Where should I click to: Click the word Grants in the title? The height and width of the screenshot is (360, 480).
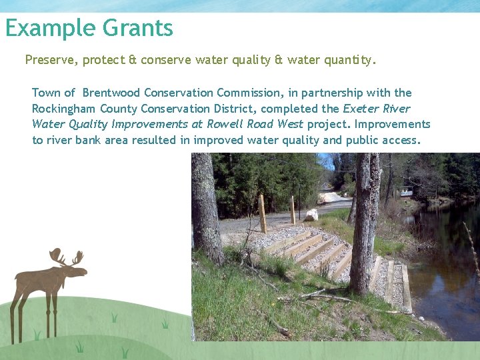tap(138, 28)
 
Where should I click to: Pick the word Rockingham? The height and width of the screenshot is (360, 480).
tap(65, 109)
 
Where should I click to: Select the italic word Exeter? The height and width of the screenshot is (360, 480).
tap(360, 109)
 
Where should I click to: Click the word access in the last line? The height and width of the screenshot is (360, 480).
tap(401, 140)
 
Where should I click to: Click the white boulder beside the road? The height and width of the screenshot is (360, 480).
tap(311, 215)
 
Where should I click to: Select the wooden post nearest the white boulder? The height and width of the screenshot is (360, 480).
tap(292, 210)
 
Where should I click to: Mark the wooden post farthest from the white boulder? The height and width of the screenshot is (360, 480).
tap(262, 213)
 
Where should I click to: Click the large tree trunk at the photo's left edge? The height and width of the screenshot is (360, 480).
tap(207, 207)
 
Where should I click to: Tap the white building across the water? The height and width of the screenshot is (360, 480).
tap(405, 192)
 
